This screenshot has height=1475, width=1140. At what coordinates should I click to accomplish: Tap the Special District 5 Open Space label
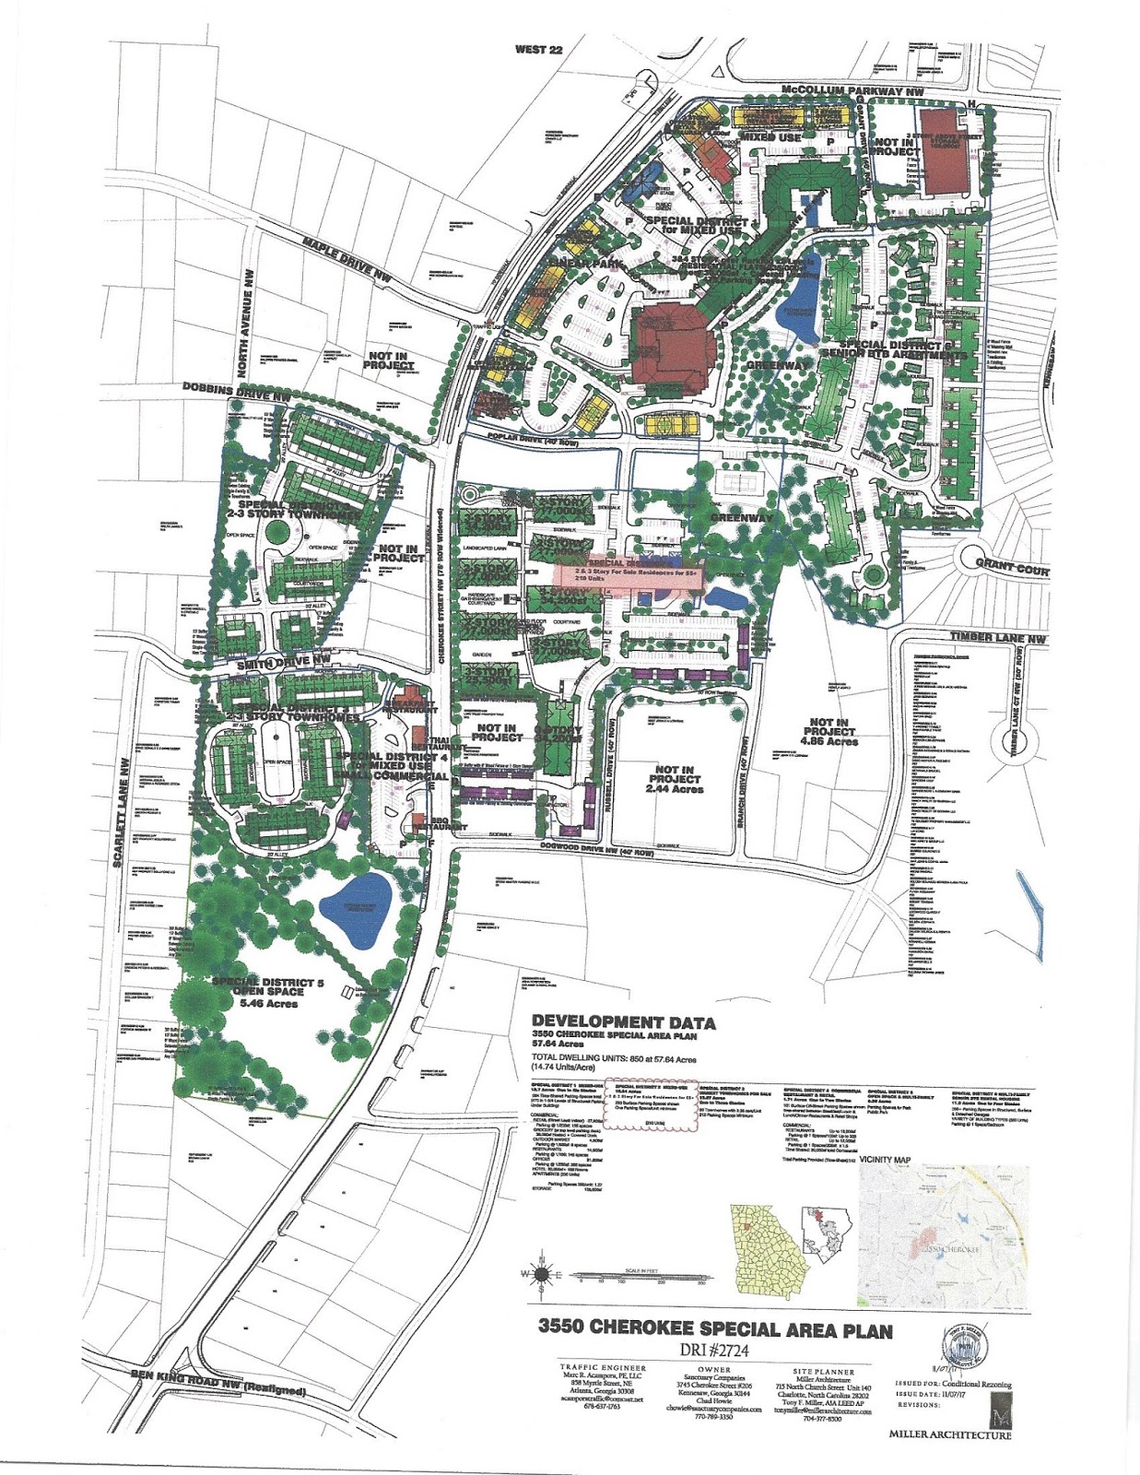tap(267, 992)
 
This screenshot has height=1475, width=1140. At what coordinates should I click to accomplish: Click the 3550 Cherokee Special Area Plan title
tap(715, 1330)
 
